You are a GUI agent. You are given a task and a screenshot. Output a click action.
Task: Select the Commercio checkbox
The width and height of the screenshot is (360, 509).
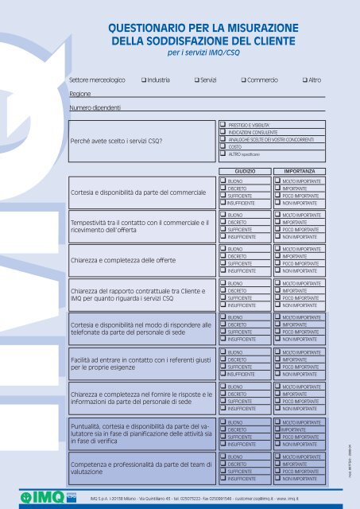(244, 80)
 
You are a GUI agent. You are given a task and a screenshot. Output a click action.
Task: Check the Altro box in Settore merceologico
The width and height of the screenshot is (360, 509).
(305, 80)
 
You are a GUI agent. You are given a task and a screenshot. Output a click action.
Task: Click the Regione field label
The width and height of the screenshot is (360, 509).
(79, 94)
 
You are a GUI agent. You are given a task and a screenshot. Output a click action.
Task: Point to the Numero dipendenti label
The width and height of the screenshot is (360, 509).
(95, 107)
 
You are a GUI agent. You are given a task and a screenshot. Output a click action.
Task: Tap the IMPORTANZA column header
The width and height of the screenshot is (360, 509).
(294, 170)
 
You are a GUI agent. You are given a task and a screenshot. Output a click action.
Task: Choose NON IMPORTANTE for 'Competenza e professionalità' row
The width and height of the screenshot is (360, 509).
(275, 480)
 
